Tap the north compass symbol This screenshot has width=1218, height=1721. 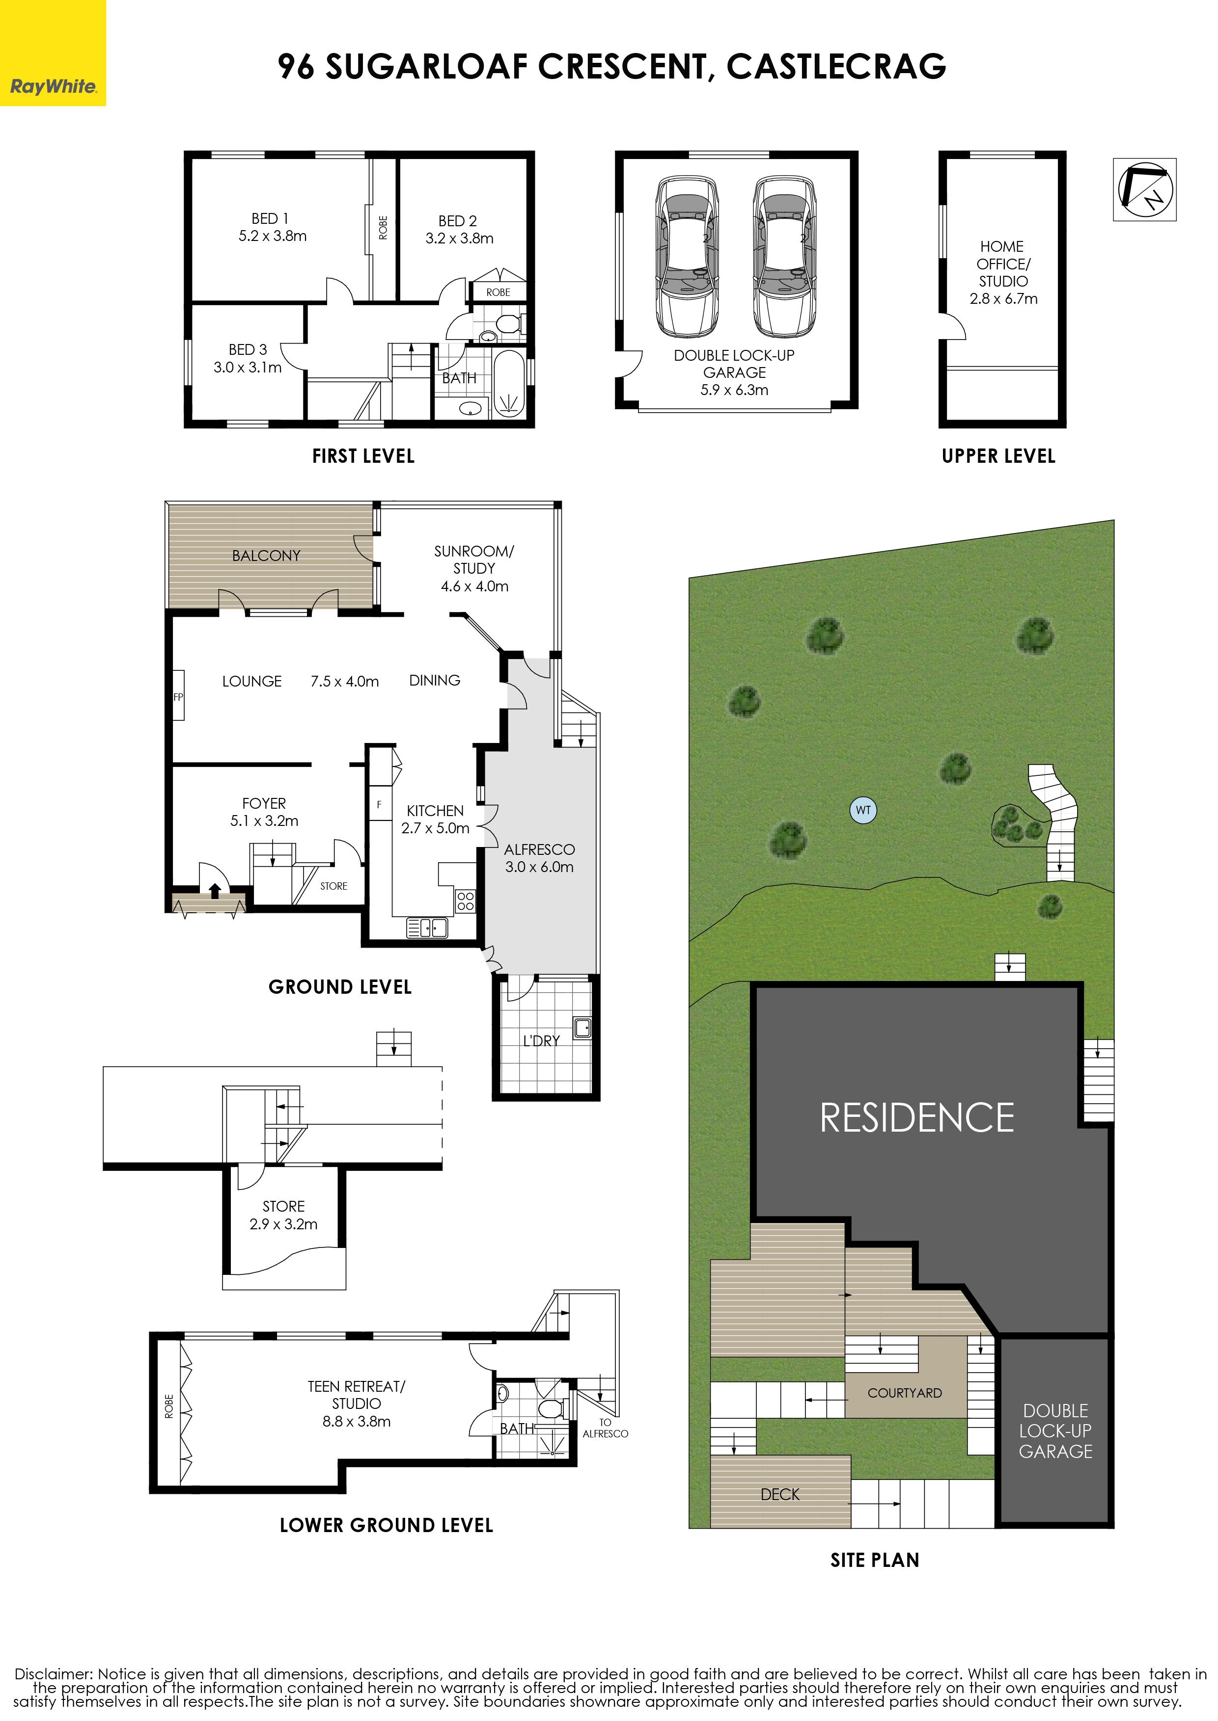1144,189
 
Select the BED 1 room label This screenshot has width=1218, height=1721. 270,219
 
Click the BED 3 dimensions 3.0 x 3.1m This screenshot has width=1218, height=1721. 248,367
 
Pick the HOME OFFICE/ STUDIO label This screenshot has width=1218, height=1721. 1003,264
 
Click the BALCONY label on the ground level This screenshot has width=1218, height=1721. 266,556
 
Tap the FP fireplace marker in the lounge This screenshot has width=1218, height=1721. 178,696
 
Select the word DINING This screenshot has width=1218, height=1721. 435,681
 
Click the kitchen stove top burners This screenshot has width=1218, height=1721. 465,901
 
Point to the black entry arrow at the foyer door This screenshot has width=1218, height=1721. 215,891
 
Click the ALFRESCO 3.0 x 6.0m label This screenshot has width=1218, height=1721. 539,858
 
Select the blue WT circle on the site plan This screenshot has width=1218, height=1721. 864,810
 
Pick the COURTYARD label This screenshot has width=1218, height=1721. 905,1393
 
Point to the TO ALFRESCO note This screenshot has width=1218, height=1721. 605,1428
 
